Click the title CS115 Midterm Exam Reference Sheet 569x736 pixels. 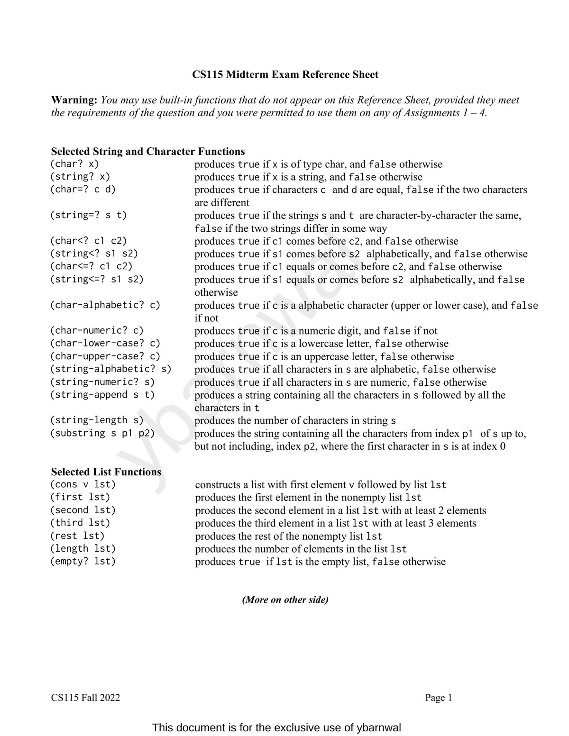(285, 74)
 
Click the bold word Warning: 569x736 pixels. (74, 100)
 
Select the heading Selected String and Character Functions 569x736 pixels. (148, 151)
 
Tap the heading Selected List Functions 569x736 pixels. (106, 472)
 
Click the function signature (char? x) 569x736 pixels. (74, 164)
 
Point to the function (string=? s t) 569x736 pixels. (89, 215)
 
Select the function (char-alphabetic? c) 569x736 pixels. (105, 305)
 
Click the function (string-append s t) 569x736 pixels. (102, 394)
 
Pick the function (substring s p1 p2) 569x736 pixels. (102, 433)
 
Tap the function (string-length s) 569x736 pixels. (97, 420)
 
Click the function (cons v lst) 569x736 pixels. (83, 484)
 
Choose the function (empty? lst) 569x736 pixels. (83, 561)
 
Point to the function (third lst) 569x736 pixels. (80, 523)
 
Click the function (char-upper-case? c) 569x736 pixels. (105, 356)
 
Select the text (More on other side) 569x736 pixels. (285, 600)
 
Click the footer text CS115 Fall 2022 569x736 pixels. (85, 698)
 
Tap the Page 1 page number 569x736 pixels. (439, 698)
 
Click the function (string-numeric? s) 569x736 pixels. (102, 382)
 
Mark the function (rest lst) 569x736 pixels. (77, 536)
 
